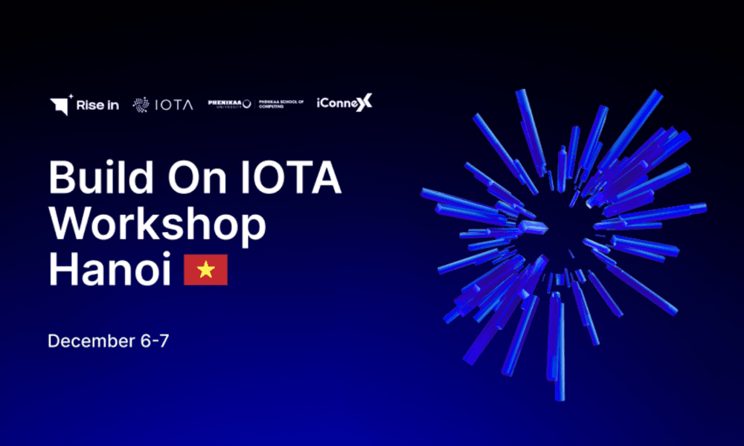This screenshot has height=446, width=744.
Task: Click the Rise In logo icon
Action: click(59, 106)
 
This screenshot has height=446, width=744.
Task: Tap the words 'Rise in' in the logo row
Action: click(97, 106)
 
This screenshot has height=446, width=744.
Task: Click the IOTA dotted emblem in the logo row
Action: click(140, 105)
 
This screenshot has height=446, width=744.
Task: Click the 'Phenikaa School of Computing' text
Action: click(282, 104)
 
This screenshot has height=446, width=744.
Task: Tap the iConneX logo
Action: click(343, 103)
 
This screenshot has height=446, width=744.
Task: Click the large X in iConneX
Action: click(363, 103)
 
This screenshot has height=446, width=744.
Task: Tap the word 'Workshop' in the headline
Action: click(157, 224)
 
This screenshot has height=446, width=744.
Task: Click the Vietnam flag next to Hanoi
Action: click(206, 270)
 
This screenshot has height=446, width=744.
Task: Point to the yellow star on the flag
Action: click(206, 270)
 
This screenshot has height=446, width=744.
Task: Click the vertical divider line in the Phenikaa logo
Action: click(254, 104)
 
